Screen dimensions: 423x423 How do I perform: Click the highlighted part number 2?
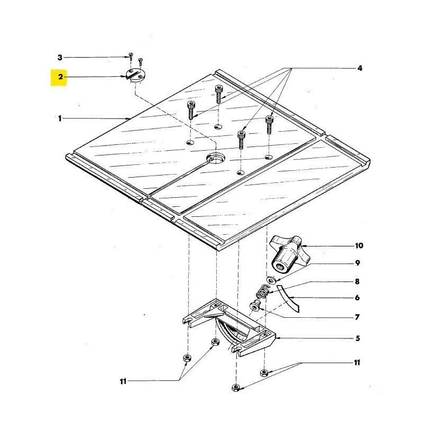click(60, 77)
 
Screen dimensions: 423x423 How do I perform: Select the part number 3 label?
click(60, 58)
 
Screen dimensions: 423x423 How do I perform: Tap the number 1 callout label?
click(60, 118)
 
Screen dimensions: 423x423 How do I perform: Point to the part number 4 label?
click(360, 68)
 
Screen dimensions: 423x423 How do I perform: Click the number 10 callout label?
click(359, 246)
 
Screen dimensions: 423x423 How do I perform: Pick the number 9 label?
click(357, 263)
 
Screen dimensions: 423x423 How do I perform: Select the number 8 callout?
click(357, 282)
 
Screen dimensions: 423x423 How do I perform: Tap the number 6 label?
click(357, 298)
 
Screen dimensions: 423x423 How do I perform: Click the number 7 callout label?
click(357, 317)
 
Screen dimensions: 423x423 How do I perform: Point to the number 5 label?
click(358, 338)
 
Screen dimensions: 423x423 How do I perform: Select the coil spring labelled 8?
click(262, 292)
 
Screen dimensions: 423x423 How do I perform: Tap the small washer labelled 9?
click(271, 280)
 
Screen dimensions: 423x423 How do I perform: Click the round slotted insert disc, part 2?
click(135, 75)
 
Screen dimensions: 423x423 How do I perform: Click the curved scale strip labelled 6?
click(288, 298)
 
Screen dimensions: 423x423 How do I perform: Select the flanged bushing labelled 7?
click(254, 307)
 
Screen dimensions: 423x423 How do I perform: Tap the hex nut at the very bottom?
click(236, 388)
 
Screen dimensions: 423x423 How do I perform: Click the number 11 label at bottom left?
click(123, 381)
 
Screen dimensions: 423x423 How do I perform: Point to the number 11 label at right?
click(357, 363)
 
